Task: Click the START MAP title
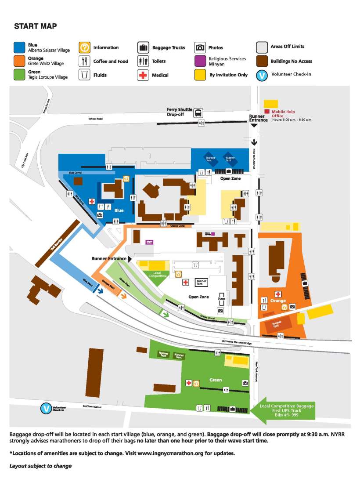35,26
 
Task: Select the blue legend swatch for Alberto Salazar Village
19,47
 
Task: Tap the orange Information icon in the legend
84,47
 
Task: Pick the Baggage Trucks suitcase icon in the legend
143,47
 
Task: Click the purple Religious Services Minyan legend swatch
200,61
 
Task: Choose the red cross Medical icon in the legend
143,75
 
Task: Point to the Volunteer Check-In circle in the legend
262,75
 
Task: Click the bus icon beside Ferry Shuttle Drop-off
198,113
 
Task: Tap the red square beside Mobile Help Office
266,112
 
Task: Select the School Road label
95,119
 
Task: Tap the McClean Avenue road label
92,407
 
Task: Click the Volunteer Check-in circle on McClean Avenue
46,409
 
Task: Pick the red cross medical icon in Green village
188,383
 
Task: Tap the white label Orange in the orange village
278,301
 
